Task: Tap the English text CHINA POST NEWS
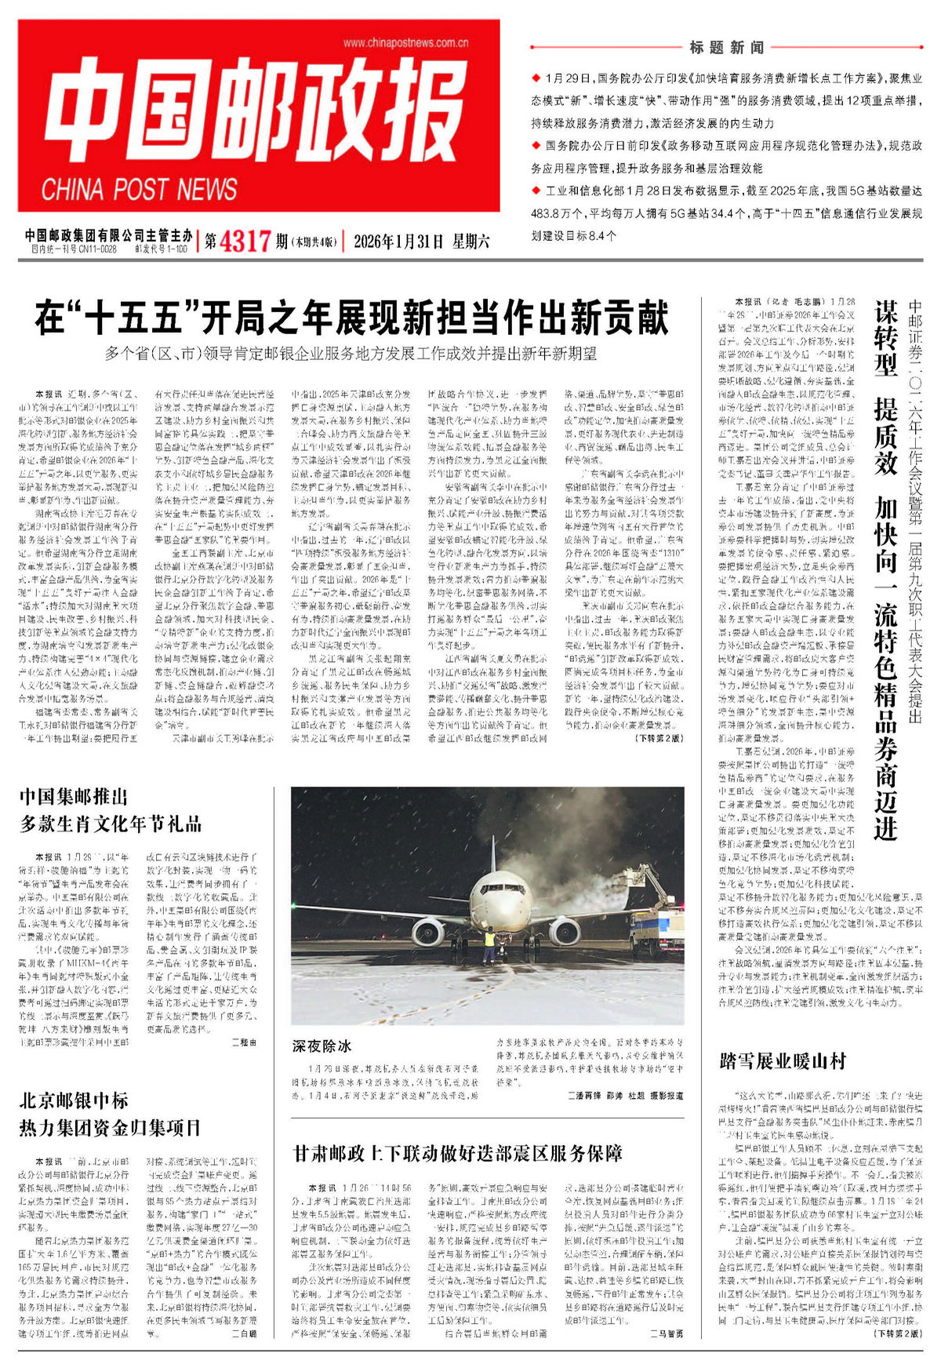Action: click(139, 189)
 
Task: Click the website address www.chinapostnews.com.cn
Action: click(405, 42)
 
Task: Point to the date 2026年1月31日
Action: click(398, 241)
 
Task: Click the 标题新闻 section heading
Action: click(726, 48)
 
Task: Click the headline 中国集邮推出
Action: click(74, 798)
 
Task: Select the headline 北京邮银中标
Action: click(74, 1100)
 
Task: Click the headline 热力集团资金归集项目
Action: click(111, 1128)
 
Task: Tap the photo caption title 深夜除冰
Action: click(322, 1046)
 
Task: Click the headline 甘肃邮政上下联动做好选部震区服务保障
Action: click(458, 1153)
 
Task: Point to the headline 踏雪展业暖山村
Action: click(783, 1061)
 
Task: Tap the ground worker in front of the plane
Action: click(490, 944)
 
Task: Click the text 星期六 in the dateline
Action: click(470, 241)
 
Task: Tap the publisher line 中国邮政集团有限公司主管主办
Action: click(108, 235)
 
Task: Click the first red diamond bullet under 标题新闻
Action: click(536, 78)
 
